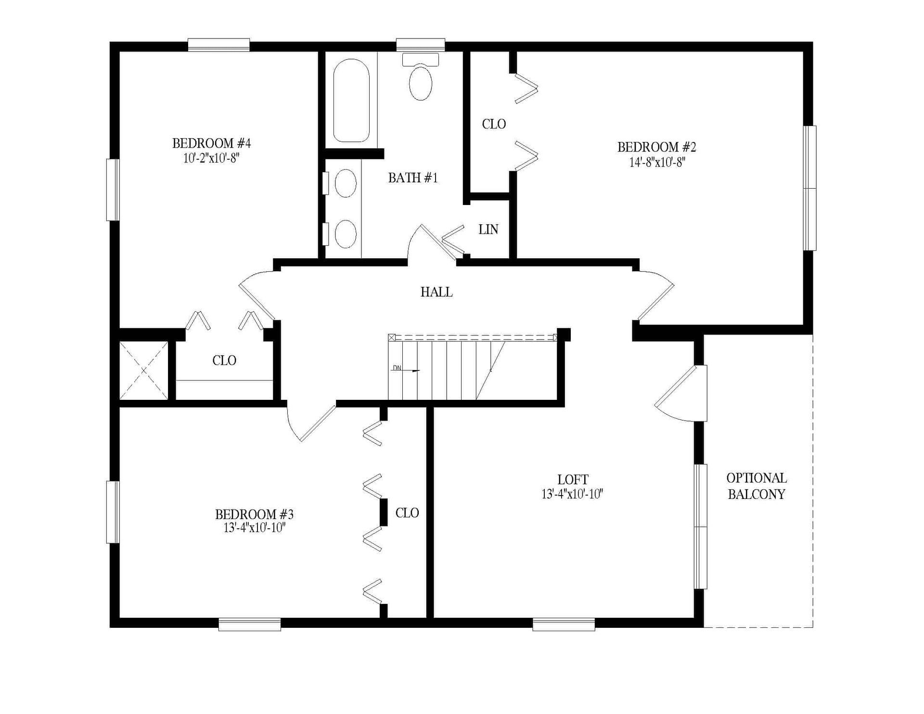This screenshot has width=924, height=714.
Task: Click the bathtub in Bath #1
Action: (351, 100)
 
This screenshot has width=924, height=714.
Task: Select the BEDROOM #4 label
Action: (211, 143)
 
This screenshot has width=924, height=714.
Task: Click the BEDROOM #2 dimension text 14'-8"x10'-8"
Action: (657, 162)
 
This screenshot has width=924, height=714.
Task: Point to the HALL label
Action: (436, 292)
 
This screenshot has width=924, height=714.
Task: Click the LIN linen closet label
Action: (488, 229)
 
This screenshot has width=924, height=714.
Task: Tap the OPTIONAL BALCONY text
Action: (757, 486)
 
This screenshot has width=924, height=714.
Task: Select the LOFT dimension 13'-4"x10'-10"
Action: (573, 494)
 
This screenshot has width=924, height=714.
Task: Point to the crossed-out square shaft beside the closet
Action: (144, 370)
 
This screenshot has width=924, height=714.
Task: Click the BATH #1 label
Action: (413, 178)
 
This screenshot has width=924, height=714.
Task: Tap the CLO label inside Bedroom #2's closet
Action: (494, 124)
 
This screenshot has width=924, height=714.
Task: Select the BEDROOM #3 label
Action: (254, 514)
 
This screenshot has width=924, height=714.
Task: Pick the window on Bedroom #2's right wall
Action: (810, 188)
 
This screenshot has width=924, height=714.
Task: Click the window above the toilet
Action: (420, 45)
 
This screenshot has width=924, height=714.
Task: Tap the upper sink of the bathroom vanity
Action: (345, 183)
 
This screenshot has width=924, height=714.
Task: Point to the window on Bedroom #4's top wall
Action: (218, 45)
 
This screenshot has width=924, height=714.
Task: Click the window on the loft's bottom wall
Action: (564, 624)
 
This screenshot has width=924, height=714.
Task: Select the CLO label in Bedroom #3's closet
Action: (407, 513)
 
